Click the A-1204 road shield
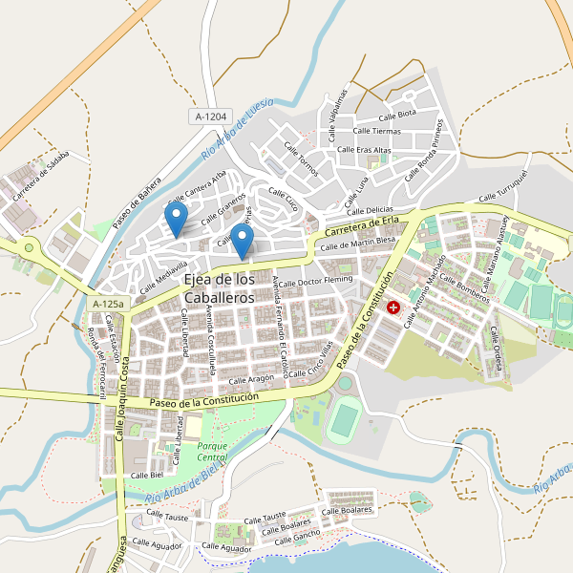[211, 117]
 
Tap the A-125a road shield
[108, 304]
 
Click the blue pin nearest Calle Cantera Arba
[176, 220]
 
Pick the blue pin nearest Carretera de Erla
[243, 241]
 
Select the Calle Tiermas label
[377, 131]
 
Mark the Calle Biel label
[147, 475]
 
